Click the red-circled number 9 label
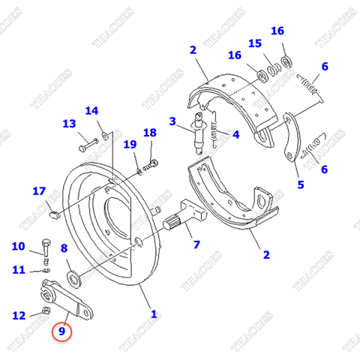[x=61, y=328]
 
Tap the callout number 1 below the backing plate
[x=154, y=314]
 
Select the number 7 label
[x=196, y=244]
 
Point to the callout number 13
[x=69, y=124]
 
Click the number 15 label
[x=255, y=43]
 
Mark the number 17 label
[x=39, y=191]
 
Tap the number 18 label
[x=150, y=133]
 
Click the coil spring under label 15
[x=274, y=69]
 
